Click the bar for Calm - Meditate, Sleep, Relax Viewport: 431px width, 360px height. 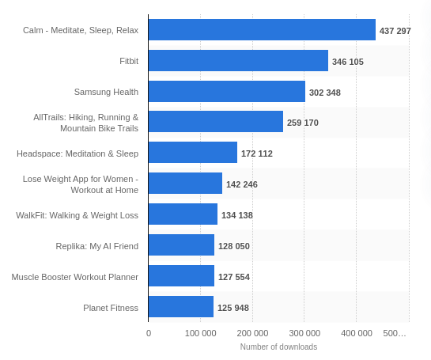[262, 30]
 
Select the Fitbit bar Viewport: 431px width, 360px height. [238, 61]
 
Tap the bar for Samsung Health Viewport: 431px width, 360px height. [226, 92]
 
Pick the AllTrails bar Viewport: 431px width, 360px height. [215, 122]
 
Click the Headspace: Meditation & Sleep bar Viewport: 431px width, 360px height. [192, 153]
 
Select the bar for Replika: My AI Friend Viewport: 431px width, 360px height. [181, 245]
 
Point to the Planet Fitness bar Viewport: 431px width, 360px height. [180, 307]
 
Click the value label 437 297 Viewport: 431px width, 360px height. [395, 31]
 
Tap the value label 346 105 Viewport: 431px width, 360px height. [347, 62]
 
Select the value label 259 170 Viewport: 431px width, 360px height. [302, 123]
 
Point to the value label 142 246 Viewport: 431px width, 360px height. [241, 184]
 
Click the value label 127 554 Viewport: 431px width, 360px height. [233, 277]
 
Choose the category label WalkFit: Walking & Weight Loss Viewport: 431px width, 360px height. [77, 215]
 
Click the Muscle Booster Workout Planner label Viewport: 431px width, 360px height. [74, 277]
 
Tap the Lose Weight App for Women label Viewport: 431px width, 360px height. [80, 184]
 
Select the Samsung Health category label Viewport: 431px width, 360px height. [106, 92]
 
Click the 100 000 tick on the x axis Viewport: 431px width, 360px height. [200, 333]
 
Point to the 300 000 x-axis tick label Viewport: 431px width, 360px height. [304, 333]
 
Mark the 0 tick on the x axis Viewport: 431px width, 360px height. [149, 333]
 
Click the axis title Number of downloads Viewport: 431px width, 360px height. [278, 347]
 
